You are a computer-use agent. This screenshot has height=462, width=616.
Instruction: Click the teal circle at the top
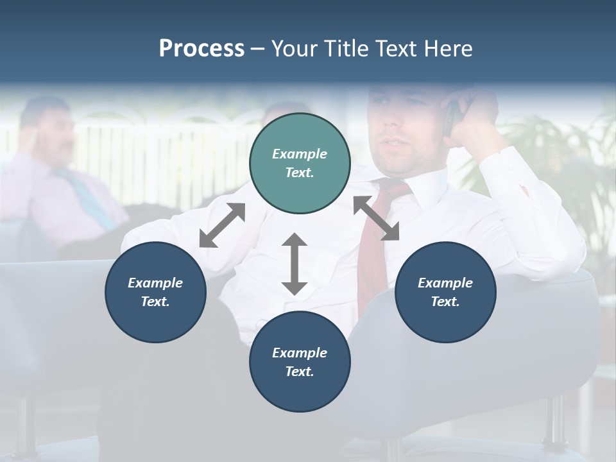pyautogui.click(x=300, y=164)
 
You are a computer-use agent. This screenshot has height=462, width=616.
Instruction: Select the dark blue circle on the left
pyautogui.click(x=155, y=292)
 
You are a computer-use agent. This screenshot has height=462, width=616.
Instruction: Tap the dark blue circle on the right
pyautogui.click(x=445, y=292)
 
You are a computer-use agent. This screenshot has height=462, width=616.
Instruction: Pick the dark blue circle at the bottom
pyautogui.click(x=300, y=362)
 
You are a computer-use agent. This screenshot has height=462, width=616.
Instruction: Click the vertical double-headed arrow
pyautogui.click(x=295, y=264)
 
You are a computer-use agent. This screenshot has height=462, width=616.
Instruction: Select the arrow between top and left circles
pyautogui.click(x=222, y=225)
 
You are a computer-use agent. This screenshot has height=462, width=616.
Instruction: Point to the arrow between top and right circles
pyautogui.click(x=376, y=218)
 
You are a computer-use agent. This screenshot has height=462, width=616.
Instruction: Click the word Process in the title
pyautogui.click(x=201, y=49)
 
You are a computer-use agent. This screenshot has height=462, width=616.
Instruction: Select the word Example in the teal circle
pyautogui.click(x=300, y=154)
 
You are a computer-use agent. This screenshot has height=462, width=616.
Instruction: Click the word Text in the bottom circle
pyautogui.click(x=300, y=372)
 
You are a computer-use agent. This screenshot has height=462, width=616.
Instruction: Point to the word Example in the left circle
pyautogui.click(x=155, y=283)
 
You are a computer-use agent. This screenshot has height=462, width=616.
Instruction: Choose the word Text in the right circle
pyautogui.click(x=445, y=302)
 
